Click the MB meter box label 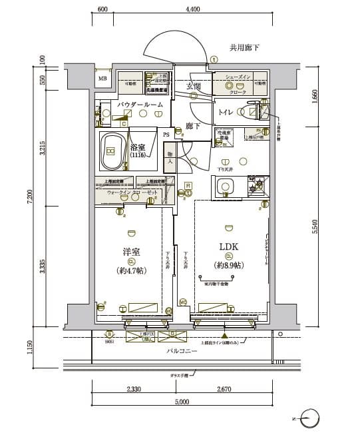point(103,81)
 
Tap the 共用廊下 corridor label point(244,47)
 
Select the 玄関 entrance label point(194,87)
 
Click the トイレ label point(224,113)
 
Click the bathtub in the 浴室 point(112,152)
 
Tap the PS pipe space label point(166,134)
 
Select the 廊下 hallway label point(193,126)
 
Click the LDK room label point(229,246)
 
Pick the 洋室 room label point(131,252)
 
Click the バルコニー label point(182,350)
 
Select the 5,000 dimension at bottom point(182,402)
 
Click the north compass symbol point(310,420)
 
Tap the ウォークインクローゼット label point(133,192)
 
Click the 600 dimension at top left point(102,9)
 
